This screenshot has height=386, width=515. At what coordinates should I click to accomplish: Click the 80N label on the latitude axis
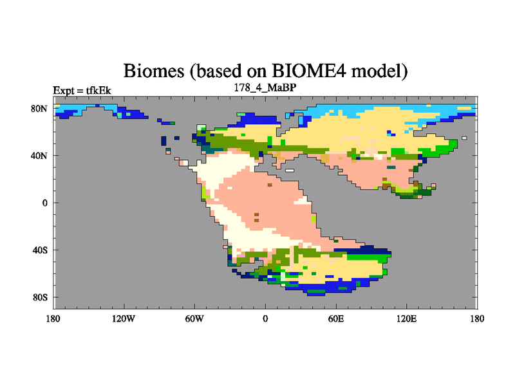click(39, 109)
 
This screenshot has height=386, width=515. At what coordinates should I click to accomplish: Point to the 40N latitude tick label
click(39, 156)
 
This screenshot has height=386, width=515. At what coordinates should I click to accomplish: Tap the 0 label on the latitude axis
click(44, 203)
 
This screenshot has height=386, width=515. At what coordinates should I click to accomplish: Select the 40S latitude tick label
click(40, 250)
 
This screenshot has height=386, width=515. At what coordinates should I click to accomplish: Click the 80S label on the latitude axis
click(40, 297)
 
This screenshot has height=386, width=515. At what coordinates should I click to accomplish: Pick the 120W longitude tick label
click(124, 318)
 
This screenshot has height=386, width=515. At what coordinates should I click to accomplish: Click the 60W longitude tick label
click(194, 318)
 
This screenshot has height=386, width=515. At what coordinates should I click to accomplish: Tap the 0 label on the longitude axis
click(265, 318)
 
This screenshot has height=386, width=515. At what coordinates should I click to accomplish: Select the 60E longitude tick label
click(336, 318)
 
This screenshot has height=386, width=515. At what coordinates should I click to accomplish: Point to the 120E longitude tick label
click(407, 318)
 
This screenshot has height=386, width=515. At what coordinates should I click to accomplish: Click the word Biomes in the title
click(154, 71)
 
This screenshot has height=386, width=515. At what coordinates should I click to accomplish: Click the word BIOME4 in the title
click(309, 71)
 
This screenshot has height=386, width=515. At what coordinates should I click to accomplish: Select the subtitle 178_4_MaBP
click(265, 87)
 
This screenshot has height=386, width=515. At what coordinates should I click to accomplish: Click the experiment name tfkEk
click(98, 90)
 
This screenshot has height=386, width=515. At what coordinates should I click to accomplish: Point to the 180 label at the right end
click(477, 318)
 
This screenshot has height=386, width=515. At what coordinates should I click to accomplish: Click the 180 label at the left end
click(53, 318)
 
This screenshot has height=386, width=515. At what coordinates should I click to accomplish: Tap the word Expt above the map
click(64, 91)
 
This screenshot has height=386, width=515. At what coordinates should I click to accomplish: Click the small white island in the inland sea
click(290, 170)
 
